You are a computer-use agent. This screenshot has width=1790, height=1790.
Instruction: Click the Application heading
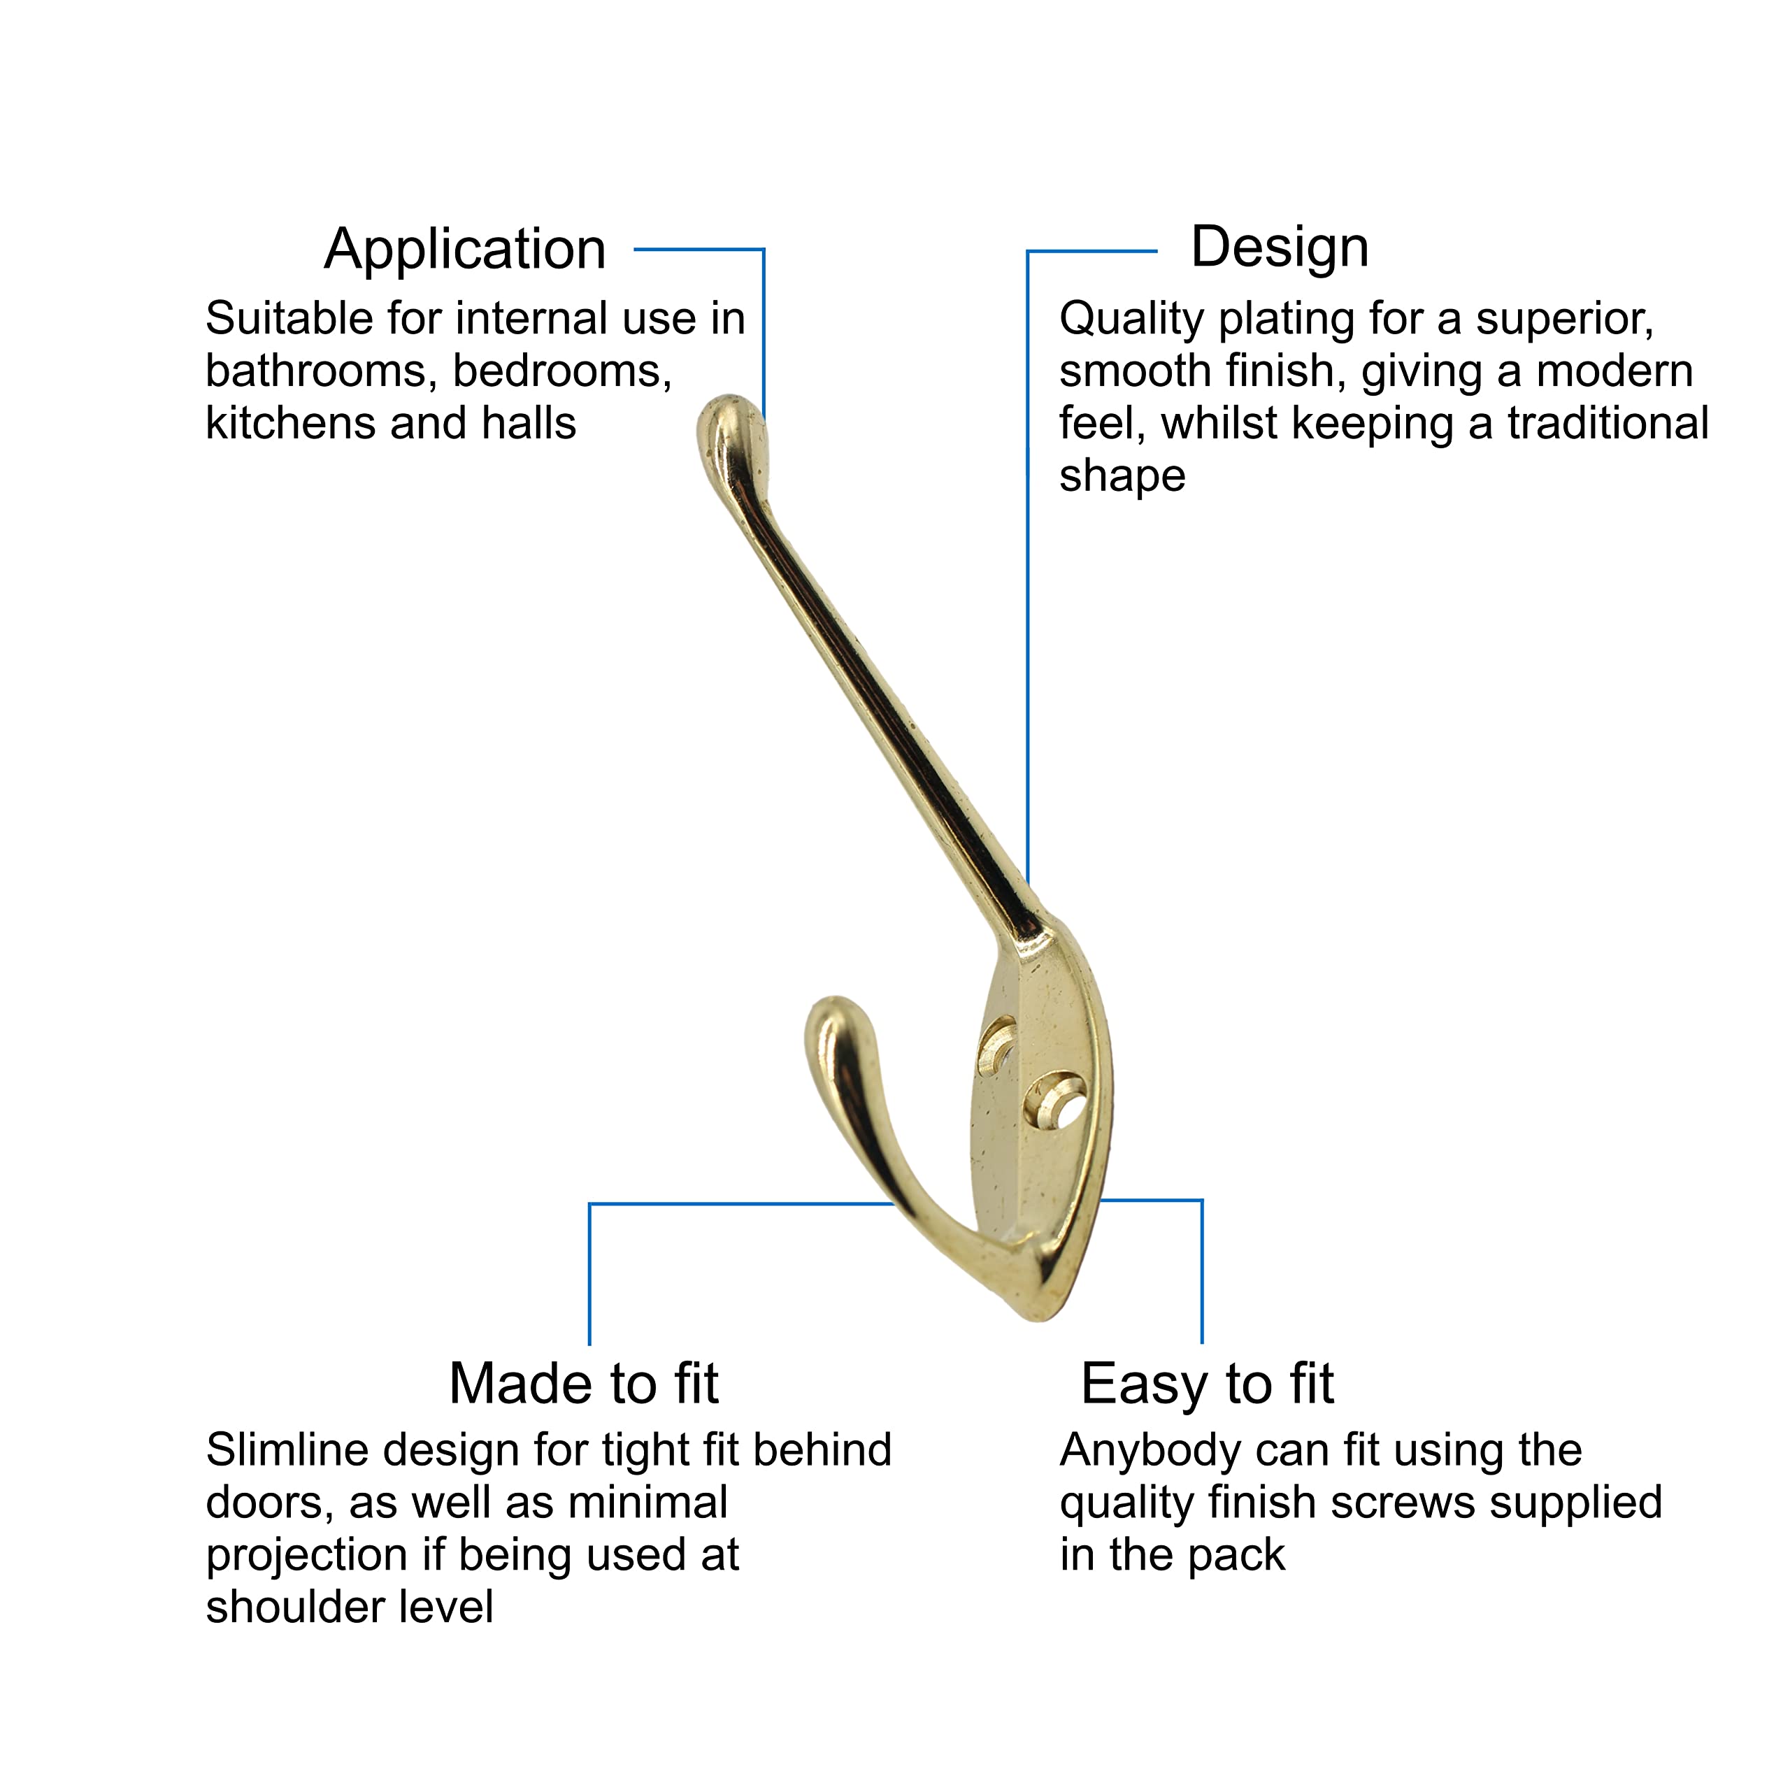(x=465, y=250)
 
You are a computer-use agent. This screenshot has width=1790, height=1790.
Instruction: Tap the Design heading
(x=1280, y=248)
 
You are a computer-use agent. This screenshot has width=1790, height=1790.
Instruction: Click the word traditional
(x=1608, y=424)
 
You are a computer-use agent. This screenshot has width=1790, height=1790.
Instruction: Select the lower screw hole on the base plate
(x=1057, y=1100)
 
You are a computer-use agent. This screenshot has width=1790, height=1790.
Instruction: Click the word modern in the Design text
(x=1615, y=371)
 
